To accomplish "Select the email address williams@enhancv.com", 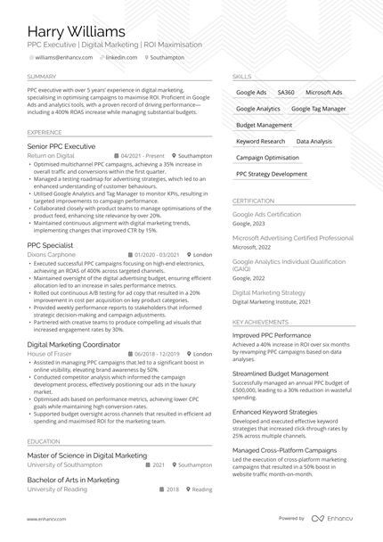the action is point(65,57).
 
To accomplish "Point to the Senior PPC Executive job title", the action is point(61,146).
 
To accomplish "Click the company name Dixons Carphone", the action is point(52,254).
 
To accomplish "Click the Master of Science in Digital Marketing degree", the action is point(87,456).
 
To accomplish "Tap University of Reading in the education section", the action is point(58,489).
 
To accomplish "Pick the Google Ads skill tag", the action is point(251,93).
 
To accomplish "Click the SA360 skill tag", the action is point(286,93).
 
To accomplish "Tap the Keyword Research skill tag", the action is point(261,142).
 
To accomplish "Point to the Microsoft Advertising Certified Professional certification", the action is point(293,239).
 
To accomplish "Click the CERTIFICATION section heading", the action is point(254,201).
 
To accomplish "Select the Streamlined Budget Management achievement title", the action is point(281,374).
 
